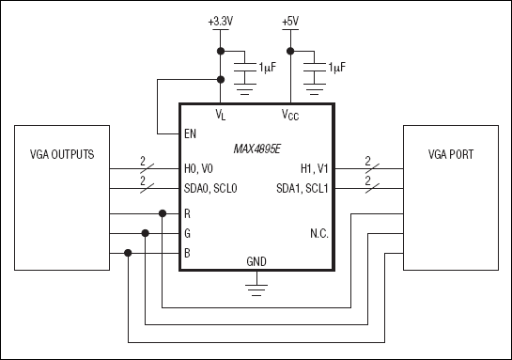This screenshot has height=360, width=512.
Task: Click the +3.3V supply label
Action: (220, 22)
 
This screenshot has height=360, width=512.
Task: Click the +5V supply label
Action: (290, 22)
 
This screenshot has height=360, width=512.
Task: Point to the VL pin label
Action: (221, 115)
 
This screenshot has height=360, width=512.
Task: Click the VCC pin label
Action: (291, 115)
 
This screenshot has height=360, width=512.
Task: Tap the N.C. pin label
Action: (318, 233)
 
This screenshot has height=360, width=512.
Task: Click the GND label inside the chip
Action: (256, 260)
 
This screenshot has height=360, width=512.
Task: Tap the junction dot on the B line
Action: (128, 252)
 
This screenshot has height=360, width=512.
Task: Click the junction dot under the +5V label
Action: (290, 50)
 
